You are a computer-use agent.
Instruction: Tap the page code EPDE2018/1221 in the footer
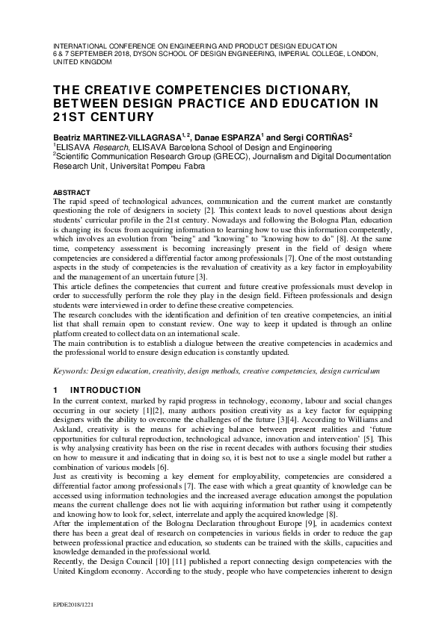(x=73, y=602)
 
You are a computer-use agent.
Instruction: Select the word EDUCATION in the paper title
(x=297, y=103)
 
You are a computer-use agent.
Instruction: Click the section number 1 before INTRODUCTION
(x=55, y=390)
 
